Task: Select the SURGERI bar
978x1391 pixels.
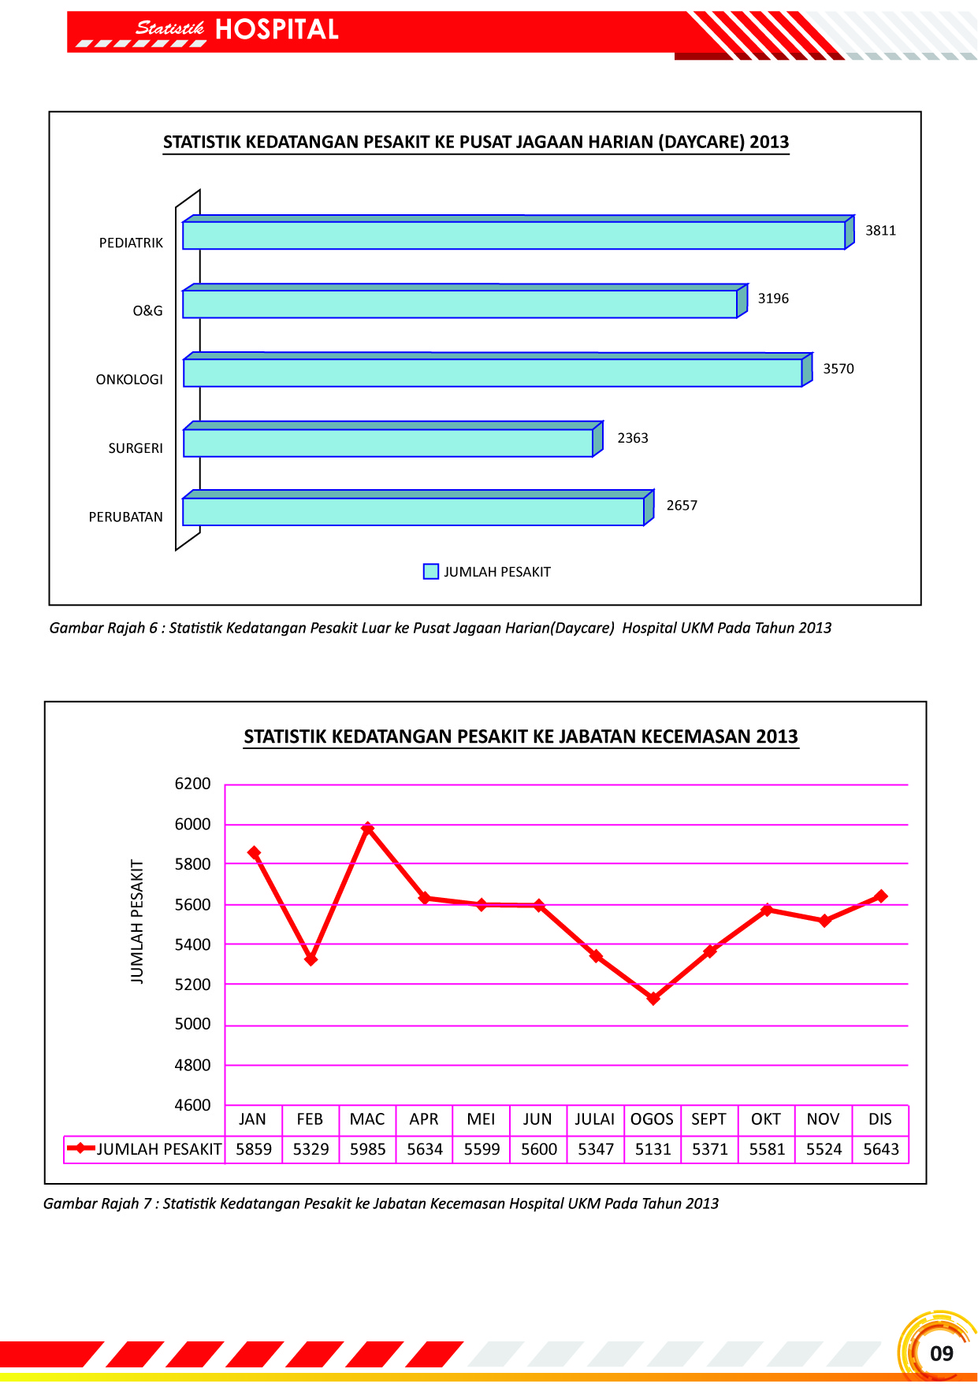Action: (388, 443)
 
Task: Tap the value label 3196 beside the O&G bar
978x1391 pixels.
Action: (773, 299)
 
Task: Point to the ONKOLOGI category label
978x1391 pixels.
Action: (129, 380)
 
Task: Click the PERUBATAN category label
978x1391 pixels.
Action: (125, 517)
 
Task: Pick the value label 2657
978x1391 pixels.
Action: (682, 506)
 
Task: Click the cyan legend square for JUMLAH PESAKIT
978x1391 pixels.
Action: (431, 572)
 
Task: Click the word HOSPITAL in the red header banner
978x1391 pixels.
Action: (277, 30)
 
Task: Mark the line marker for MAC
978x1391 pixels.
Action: (367, 829)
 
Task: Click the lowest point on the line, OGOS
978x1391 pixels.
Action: (653, 998)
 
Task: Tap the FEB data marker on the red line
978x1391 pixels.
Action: (311, 959)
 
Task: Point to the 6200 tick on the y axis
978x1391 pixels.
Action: (192, 784)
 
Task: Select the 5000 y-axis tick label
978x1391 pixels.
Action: (192, 1024)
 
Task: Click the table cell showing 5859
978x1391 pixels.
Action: (254, 1149)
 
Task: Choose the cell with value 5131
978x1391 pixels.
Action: (653, 1149)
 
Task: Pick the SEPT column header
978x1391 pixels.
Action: (708, 1119)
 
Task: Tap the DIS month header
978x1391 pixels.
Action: (879, 1119)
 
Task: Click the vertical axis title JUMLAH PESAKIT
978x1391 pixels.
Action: (137, 921)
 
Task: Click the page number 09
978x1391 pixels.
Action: (941, 1353)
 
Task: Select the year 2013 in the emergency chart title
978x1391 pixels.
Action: (777, 736)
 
